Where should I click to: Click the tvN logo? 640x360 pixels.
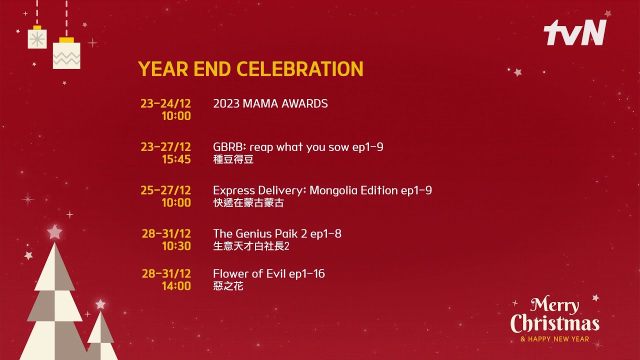[x=574, y=32]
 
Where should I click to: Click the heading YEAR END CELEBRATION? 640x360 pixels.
[x=250, y=69]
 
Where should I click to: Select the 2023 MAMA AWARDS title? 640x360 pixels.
[x=270, y=103]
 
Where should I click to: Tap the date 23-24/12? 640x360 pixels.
[x=165, y=103]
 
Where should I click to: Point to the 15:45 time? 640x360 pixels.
[x=176, y=159]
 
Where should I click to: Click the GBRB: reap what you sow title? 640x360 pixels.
[x=298, y=147]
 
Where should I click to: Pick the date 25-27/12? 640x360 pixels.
[x=165, y=190]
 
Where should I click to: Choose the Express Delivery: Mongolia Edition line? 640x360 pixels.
[x=322, y=190]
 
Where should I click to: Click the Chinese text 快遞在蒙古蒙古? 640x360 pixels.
[x=248, y=203]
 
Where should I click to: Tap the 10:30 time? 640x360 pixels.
[x=176, y=246]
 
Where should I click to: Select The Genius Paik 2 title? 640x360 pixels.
[x=277, y=233]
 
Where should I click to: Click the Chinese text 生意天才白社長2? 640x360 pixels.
[x=251, y=246]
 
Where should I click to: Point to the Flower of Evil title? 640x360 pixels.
[x=269, y=273]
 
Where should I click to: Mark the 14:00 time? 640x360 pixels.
[x=176, y=286]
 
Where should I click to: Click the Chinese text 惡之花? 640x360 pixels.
[x=228, y=286]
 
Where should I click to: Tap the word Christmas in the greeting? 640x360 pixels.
[x=555, y=323]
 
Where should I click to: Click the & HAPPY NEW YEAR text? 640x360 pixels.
[x=555, y=339]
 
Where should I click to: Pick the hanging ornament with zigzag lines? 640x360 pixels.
[x=66, y=53]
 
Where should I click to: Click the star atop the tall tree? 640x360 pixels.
[x=54, y=231]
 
